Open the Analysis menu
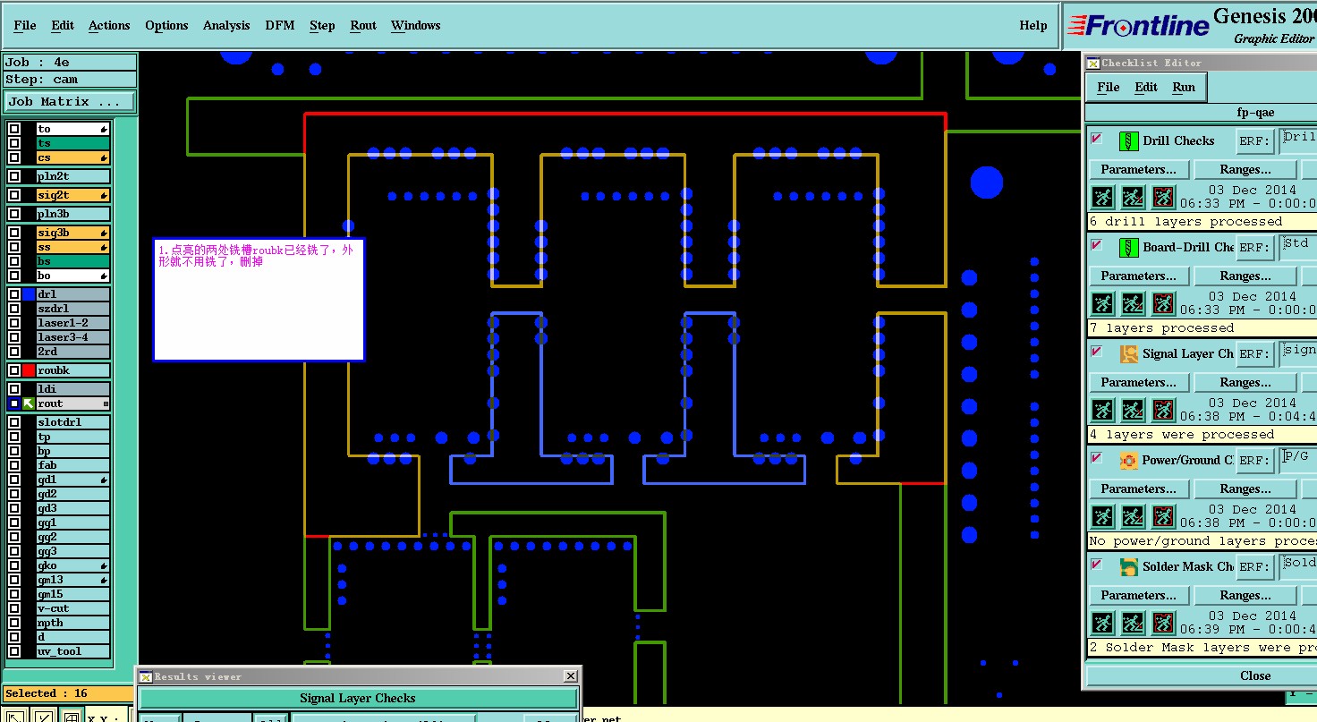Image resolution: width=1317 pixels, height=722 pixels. coord(226,26)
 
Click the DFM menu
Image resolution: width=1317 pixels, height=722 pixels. coord(279,26)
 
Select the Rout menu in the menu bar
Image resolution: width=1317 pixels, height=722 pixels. coord(363,26)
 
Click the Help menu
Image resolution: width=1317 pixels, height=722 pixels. coord(1032,26)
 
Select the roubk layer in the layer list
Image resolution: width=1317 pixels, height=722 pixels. coord(72,370)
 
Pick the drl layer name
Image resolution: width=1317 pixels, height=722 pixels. coord(72,294)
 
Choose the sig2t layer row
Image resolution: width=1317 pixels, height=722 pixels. coord(72,195)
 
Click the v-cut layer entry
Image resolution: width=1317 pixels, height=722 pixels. coord(72,608)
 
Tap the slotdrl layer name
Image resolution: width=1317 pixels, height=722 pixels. coord(72,422)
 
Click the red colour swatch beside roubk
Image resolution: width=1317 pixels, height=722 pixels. coord(29,370)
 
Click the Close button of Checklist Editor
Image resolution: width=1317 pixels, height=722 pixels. coord(1254,675)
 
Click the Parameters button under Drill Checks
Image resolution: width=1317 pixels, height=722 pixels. coord(1138,169)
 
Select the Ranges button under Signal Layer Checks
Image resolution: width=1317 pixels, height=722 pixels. coord(1245,382)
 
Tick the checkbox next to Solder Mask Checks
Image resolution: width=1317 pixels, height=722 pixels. coord(1097,565)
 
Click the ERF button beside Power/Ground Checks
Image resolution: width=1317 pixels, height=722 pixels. coord(1254,461)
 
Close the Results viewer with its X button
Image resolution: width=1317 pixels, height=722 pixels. coord(571,676)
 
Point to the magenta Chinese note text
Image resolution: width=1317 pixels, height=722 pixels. coord(255,256)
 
